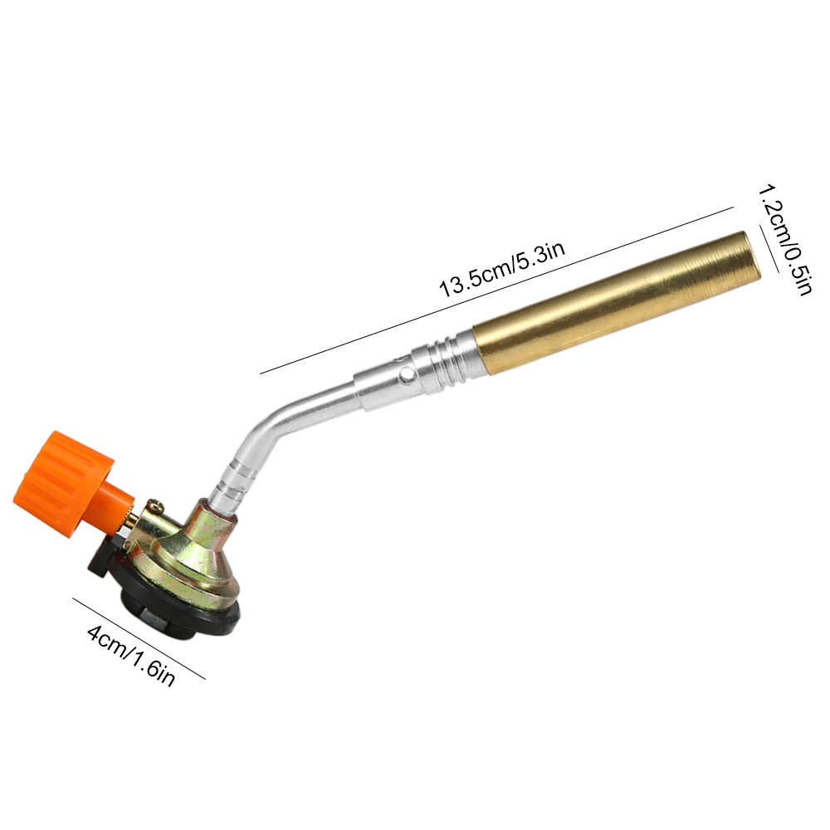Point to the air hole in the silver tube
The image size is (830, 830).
click(x=406, y=375)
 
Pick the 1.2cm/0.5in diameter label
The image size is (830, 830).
click(x=784, y=241)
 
